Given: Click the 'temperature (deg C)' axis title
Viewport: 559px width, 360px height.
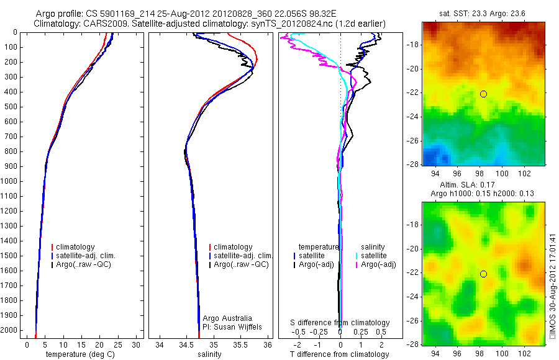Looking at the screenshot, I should coord(81,354).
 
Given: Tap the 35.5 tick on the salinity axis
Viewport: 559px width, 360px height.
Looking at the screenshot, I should coord(240,344).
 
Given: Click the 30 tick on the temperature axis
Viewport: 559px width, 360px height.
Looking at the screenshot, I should coord(136,344).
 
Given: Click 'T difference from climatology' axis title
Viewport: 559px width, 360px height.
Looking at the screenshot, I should coord(340,354).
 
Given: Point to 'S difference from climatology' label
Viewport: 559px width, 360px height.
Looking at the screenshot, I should coord(340,323).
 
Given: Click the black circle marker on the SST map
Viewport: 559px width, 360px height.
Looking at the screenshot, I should coord(483,94).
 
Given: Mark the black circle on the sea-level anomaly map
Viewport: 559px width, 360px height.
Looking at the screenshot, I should coord(483,274).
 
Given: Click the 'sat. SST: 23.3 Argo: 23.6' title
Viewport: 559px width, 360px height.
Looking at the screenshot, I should coord(483,13).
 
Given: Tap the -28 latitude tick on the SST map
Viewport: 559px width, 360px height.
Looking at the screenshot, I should coord(412,164).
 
